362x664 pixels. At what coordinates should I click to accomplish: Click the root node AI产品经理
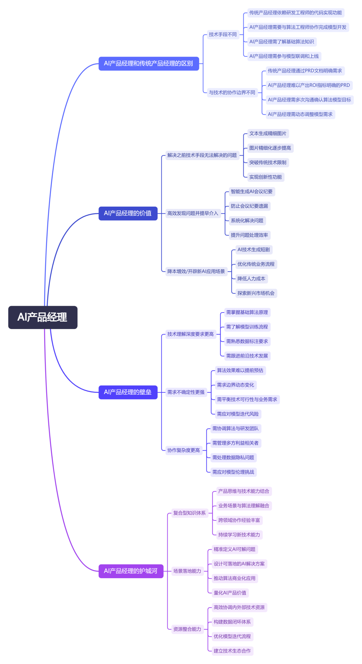coord(43,317)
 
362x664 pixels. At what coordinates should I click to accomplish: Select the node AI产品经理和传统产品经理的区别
coord(148,63)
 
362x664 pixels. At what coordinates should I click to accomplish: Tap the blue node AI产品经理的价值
coord(128,213)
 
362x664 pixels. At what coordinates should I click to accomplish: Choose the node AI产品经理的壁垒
coord(128,392)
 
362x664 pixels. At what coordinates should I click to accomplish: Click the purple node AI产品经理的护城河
coord(131,571)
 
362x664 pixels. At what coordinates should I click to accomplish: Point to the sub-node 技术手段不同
coord(223,35)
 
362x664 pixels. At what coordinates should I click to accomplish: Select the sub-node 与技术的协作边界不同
coord(232,93)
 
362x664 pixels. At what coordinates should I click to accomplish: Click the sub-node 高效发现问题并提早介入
coord(193,213)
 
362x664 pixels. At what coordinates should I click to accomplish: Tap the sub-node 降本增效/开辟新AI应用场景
coord(196,271)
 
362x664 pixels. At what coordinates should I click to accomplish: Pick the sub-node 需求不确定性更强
coord(186,392)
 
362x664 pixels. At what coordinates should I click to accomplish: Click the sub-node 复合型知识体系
coord(189,513)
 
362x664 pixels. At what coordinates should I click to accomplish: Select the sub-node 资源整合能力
coord(187,629)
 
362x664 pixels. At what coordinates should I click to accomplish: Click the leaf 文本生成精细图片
coord(267,133)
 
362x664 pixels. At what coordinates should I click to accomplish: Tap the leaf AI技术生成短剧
coord(253,250)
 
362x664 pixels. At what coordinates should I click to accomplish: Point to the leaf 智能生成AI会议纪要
coord(251,191)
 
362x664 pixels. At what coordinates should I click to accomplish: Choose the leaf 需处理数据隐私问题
coord(233,457)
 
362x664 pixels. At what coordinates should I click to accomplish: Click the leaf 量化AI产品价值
coord(230,593)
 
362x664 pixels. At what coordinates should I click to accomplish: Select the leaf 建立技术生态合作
coord(232,651)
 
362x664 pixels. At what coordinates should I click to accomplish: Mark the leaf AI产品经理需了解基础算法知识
coord(282,42)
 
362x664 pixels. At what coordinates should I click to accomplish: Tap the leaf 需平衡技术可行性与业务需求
coord(247,399)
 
